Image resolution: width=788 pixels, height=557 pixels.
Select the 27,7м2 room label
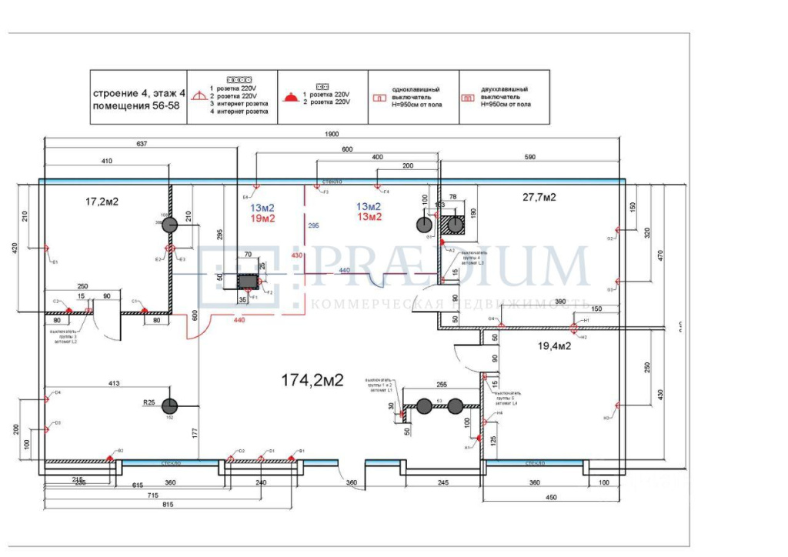(539, 197)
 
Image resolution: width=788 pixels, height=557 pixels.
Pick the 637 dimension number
(140, 144)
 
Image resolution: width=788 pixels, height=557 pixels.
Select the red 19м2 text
(262, 219)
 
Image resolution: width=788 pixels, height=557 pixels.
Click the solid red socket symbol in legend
(289, 98)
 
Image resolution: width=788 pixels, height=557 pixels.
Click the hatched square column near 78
(456, 225)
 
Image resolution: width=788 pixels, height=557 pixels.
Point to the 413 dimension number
(115, 382)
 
